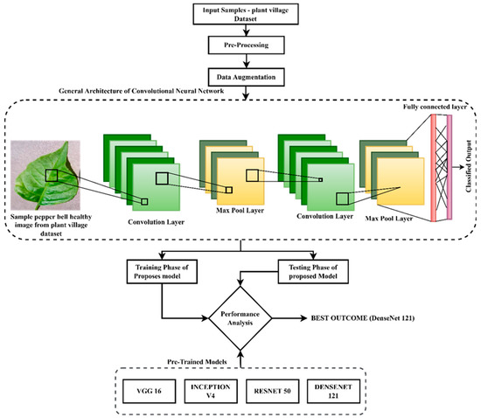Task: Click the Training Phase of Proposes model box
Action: pyautogui.click(x=162, y=271)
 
